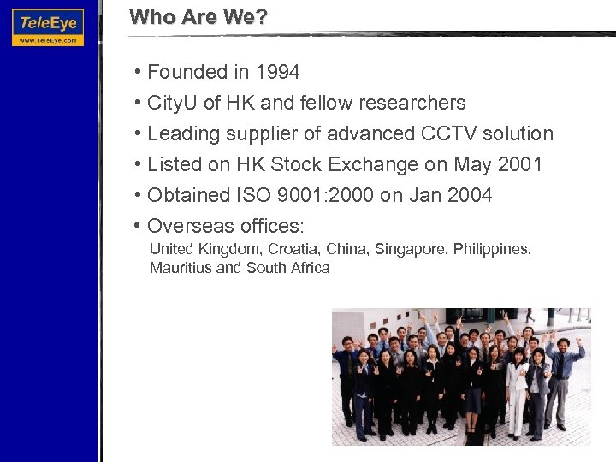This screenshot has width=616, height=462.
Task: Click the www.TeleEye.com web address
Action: tap(48, 39)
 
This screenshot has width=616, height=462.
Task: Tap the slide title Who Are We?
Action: tap(198, 16)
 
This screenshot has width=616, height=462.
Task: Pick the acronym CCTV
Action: tap(450, 134)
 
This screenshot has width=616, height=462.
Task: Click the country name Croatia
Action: tap(292, 249)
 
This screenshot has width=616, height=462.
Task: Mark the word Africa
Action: tap(309, 268)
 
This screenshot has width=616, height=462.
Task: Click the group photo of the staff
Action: tap(460, 376)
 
